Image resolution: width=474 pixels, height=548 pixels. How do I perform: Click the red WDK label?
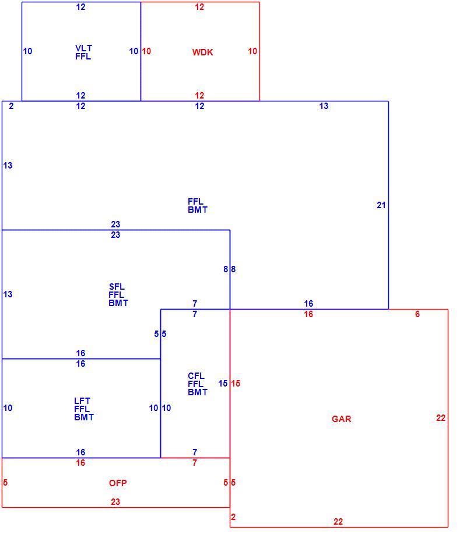(x=202, y=52)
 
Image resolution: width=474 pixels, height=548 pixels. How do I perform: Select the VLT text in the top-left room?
(x=83, y=48)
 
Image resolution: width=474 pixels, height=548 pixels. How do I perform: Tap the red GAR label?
(x=341, y=419)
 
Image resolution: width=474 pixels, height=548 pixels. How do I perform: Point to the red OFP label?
(x=118, y=483)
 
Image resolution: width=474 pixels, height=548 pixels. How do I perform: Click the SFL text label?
(x=117, y=287)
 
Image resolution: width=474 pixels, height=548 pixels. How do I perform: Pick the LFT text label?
(x=82, y=401)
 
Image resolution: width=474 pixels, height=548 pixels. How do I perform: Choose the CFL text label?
(x=196, y=376)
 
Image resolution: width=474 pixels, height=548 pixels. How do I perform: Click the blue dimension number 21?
(x=381, y=205)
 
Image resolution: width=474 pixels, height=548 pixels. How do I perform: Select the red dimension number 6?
(x=417, y=314)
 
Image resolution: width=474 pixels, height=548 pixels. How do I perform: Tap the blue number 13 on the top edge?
(x=324, y=106)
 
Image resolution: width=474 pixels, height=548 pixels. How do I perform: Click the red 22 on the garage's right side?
(x=441, y=418)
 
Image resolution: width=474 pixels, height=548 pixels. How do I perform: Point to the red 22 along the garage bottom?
(x=338, y=522)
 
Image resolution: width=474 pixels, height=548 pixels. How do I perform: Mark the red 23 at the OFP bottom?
(x=115, y=502)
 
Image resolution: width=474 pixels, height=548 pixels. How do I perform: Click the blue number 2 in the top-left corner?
(x=11, y=106)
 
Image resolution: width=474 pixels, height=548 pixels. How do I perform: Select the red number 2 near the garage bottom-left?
(x=233, y=517)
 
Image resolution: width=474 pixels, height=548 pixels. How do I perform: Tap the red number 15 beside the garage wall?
(x=236, y=384)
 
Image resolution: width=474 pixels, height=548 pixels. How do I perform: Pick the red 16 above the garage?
(x=308, y=314)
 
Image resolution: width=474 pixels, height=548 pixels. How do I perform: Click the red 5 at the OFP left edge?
(x=5, y=483)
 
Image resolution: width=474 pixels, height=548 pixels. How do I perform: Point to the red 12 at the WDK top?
(x=199, y=7)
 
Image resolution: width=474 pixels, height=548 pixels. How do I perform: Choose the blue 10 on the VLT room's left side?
(x=27, y=51)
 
